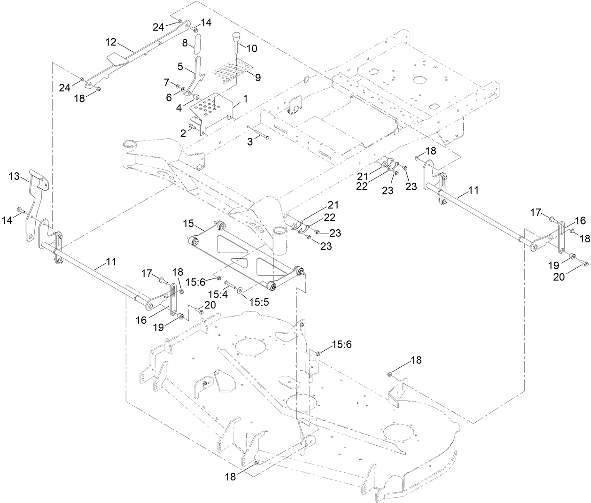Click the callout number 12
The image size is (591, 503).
click(110, 42)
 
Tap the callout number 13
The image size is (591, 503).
click(15, 176)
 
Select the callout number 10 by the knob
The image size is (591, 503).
click(252, 48)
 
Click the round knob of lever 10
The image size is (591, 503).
click(236, 37)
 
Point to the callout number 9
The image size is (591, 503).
click(257, 77)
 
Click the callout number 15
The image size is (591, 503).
click(188, 224)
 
